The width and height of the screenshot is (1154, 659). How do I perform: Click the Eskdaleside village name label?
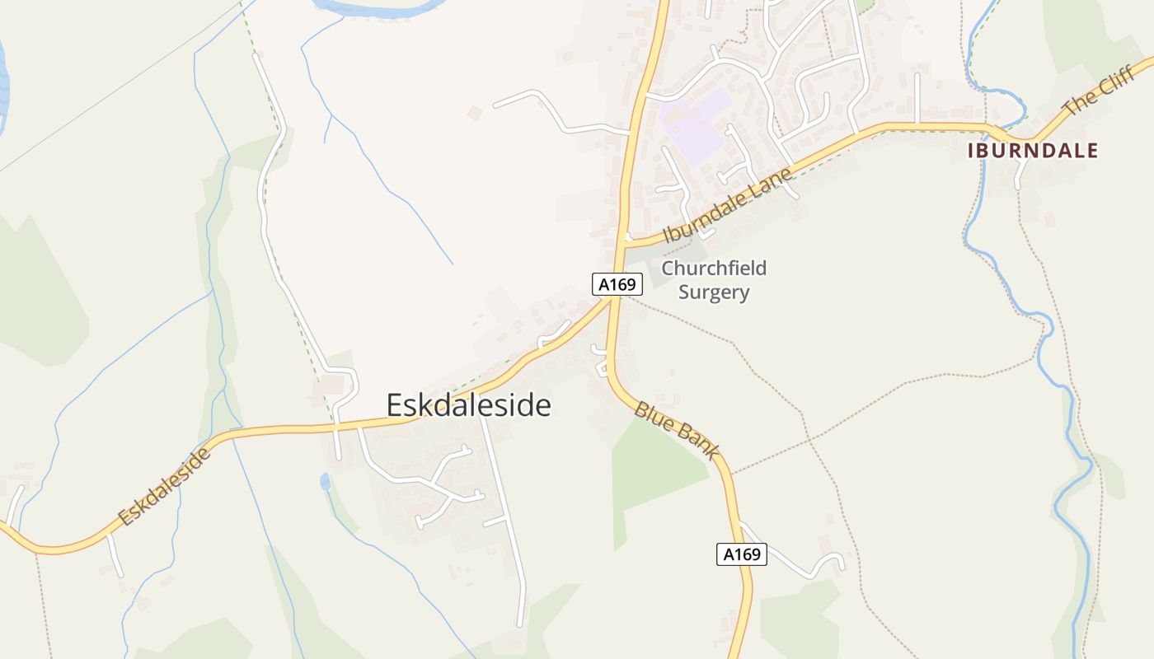pyautogui.click(x=469, y=405)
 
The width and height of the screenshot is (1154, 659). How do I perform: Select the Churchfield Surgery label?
pyautogui.click(x=714, y=280)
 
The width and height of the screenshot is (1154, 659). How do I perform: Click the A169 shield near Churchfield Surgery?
pyautogui.click(x=617, y=284)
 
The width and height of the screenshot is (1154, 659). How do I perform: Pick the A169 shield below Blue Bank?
pyautogui.click(x=741, y=554)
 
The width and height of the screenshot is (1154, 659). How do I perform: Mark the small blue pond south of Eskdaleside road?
pyautogui.click(x=325, y=482)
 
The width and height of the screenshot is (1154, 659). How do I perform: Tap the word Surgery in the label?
pyautogui.click(x=714, y=292)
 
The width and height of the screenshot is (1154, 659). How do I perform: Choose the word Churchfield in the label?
pyautogui.click(x=714, y=269)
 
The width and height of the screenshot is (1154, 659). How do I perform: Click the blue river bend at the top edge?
pyautogui.click(x=379, y=8)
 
